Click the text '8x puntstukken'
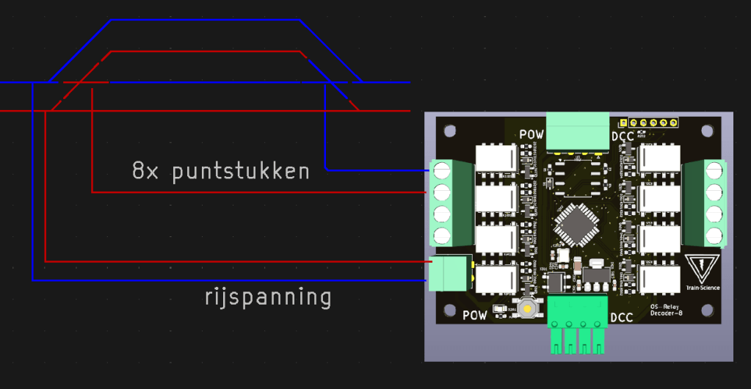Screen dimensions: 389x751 (x=220, y=172)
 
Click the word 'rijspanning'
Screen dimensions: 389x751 (x=268, y=298)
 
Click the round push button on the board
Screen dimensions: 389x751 (x=528, y=308)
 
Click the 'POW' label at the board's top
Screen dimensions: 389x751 (x=531, y=135)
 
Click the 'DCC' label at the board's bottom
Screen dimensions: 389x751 (x=622, y=317)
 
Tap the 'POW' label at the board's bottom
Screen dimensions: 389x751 (x=475, y=317)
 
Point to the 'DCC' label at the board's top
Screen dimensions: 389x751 (x=623, y=137)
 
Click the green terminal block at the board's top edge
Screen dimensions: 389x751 (x=578, y=131)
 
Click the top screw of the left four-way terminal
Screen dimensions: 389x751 (x=442, y=171)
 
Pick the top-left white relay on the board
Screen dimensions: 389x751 (x=496, y=159)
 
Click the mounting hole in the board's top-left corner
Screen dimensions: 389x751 (x=450, y=131)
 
